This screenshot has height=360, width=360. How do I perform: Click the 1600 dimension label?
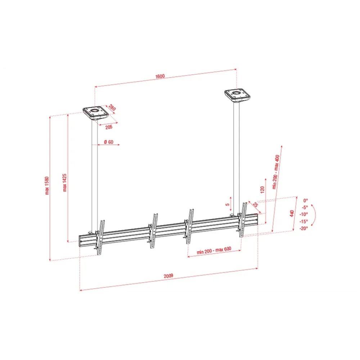coord(160,76)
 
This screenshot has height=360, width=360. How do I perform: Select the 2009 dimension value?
coord(168,276)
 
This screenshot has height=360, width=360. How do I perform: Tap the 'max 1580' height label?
coord(47,186)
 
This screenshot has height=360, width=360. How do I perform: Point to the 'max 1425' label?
coord(64,183)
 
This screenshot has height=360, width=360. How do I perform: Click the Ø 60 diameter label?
coord(109,142)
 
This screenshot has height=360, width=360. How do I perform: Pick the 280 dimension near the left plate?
coord(112,107)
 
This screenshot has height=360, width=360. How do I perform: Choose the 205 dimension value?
coord(109,127)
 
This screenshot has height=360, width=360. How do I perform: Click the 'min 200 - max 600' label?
coord(214,250)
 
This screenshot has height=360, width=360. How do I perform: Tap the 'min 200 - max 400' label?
coord(276,172)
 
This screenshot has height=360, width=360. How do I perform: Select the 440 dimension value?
coord(292,213)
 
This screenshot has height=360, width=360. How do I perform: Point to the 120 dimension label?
coord(262,189)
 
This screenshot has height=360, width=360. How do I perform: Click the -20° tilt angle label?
coord(303,229)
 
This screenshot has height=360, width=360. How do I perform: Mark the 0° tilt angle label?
coord(306,201)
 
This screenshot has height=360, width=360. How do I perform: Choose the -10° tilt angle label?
coord(303,214)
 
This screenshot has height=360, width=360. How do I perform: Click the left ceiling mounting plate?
coord(95,113)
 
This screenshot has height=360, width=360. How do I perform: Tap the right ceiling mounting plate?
coord(237,95)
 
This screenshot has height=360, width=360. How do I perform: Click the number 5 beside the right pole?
coord(227,204)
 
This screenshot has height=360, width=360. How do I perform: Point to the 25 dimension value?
coord(256,204)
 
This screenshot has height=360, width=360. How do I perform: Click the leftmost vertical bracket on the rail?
coord(100,237)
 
